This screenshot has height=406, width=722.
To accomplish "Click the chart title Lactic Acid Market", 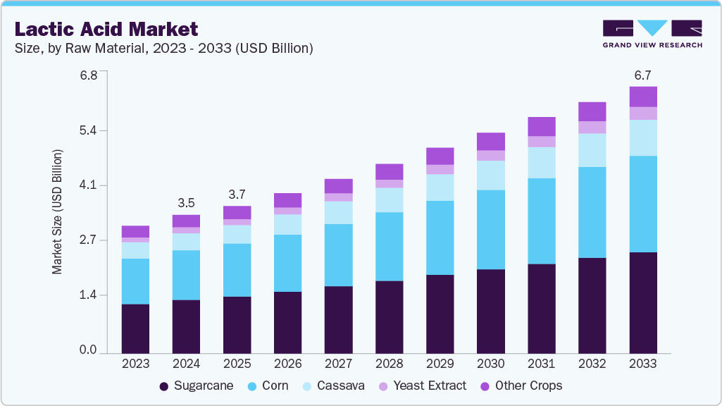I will pyautogui.click(x=106, y=29).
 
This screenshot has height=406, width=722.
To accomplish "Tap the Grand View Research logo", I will pyautogui.click(x=652, y=33).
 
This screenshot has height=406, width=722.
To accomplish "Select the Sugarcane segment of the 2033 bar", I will pyautogui.click(x=643, y=302).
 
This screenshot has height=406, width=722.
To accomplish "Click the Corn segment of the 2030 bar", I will pyautogui.click(x=491, y=230).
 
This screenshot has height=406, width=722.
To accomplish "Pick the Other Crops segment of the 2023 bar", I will pyautogui.click(x=135, y=231).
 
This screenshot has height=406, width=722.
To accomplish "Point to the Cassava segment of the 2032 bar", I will pyautogui.click(x=592, y=150).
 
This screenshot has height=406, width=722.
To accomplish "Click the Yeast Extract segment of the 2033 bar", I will pyautogui.click(x=643, y=113).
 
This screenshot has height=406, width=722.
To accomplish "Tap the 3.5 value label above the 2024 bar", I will pyautogui.click(x=186, y=203).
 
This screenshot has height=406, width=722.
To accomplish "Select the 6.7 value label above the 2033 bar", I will pyautogui.click(x=643, y=75).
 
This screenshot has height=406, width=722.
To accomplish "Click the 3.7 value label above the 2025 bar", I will pyautogui.click(x=237, y=194).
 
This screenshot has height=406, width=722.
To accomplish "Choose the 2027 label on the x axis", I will pyautogui.click(x=338, y=364).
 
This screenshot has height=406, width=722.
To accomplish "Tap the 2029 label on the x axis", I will pyautogui.click(x=440, y=364).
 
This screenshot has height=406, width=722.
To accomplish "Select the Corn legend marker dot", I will pyautogui.click(x=251, y=386).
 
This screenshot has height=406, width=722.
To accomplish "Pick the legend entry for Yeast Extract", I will pyautogui.click(x=422, y=386).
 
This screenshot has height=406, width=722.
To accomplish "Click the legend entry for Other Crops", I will pyautogui.click(x=521, y=386).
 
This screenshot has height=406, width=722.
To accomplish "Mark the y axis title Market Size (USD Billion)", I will pyautogui.click(x=57, y=211).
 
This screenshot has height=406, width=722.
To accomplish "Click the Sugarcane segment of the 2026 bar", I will pyautogui.click(x=287, y=322).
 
